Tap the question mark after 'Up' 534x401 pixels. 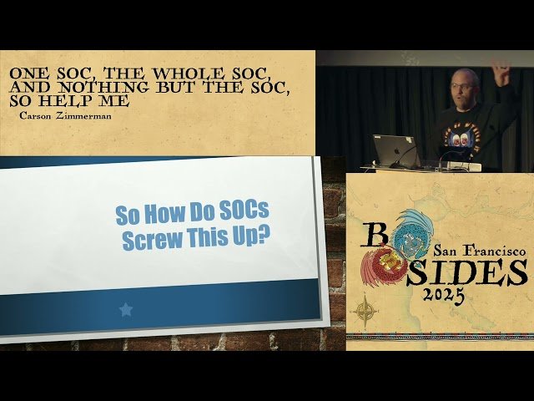coord(263,237)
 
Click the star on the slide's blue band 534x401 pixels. coord(126,310)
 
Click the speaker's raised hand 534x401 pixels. coord(501,73)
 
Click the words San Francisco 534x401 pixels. coord(480,250)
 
